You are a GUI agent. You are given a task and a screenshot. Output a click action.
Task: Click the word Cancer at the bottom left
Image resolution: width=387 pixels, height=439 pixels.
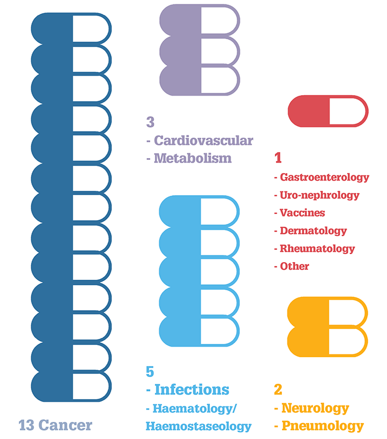click(65, 425)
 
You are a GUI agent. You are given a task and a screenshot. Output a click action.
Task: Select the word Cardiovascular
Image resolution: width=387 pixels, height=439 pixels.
click(203, 140)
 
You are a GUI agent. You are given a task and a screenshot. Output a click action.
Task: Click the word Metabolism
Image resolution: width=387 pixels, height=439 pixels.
click(192, 158)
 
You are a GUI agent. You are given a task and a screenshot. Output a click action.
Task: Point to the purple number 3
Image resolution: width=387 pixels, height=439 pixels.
click(150, 122)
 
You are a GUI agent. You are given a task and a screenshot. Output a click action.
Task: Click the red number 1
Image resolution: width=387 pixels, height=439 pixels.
click(278, 158)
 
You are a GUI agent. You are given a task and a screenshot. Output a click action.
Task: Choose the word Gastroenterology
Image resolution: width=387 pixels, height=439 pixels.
click(325, 177)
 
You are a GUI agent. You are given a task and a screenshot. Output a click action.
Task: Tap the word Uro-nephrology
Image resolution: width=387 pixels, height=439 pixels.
click(320, 195)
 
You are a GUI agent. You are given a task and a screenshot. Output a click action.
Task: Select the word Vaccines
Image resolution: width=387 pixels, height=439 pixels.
click(302, 213)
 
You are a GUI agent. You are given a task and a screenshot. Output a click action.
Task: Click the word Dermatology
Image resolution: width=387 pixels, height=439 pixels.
click(313, 231)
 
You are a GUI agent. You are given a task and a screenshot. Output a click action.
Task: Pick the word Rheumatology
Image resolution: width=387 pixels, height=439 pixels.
click(317, 249)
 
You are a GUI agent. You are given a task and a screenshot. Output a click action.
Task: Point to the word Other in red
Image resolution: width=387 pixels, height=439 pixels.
click(294, 266)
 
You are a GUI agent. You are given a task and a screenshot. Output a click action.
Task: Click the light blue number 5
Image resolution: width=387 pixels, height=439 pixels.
click(150, 372)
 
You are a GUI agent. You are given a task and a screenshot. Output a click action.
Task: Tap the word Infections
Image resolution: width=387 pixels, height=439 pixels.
click(192, 389)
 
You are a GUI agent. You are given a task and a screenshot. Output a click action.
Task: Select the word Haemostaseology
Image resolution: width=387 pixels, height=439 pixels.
click(198, 426)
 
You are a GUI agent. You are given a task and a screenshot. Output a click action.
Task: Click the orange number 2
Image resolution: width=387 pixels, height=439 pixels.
click(278, 389)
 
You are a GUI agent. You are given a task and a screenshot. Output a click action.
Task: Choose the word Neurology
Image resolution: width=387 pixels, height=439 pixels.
click(315, 408)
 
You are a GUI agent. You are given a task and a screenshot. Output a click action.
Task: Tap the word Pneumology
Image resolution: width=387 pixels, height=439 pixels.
click(323, 426)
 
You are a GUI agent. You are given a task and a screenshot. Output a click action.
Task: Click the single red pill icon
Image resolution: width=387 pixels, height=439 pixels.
click(328, 111)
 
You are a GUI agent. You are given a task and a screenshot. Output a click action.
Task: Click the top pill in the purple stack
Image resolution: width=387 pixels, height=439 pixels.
click(200, 20)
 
